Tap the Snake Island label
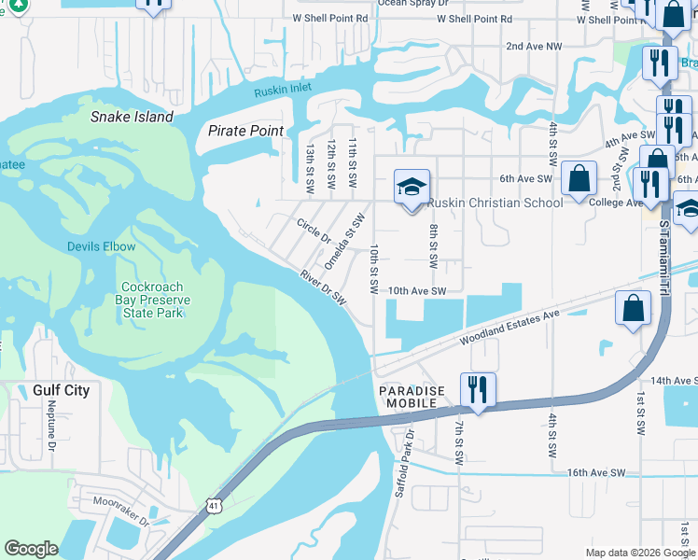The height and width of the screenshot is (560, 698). tap(132, 118)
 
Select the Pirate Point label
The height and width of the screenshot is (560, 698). tap(245, 132)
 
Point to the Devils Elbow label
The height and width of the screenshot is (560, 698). tap(101, 247)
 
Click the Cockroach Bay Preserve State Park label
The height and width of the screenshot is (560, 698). tap(157, 301)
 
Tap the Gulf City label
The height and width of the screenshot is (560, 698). tap(61, 390)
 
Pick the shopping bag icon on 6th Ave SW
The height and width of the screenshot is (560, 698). tap(579, 179)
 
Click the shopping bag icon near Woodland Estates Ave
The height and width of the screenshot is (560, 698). tap(634, 309)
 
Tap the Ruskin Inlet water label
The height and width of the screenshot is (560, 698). tap(286, 91)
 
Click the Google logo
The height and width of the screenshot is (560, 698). tap(31, 549)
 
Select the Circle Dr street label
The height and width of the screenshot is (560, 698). tap(314, 230)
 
